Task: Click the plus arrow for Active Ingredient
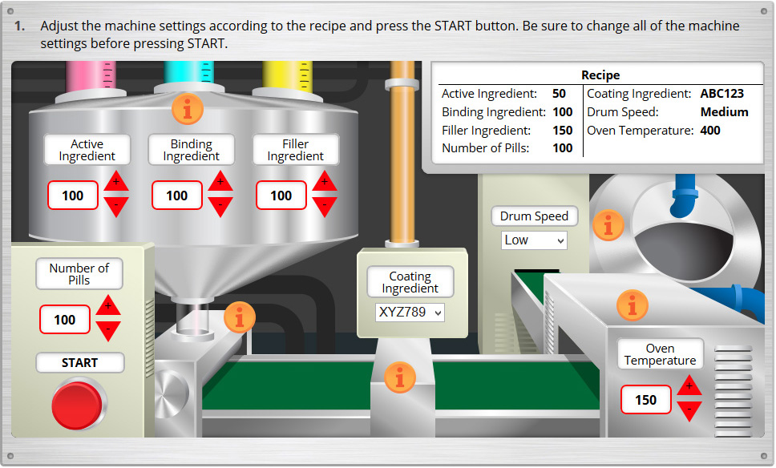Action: [x=116, y=181]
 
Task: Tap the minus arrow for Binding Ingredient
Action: [x=220, y=207]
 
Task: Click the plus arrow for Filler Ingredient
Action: [x=325, y=181]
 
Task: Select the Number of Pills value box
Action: [x=65, y=320]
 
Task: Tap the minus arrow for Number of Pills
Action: [x=108, y=330]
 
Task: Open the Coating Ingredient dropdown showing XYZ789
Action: [x=410, y=312]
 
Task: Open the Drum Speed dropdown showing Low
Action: [x=534, y=240]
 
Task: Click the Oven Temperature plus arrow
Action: [x=689, y=387]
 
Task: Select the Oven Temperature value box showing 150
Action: [x=645, y=400]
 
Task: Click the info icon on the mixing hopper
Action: [x=188, y=109]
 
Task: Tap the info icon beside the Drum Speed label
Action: [x=608, y=225]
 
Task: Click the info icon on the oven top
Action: [x=633, y=305]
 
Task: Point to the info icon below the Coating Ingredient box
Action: [x=400, y=377]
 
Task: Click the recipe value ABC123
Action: [x=722, y=94]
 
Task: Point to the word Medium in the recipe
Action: [x=724, y=112]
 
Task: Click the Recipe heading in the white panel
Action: [x=600, y=75]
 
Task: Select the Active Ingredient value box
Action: [x=73, y=196]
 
